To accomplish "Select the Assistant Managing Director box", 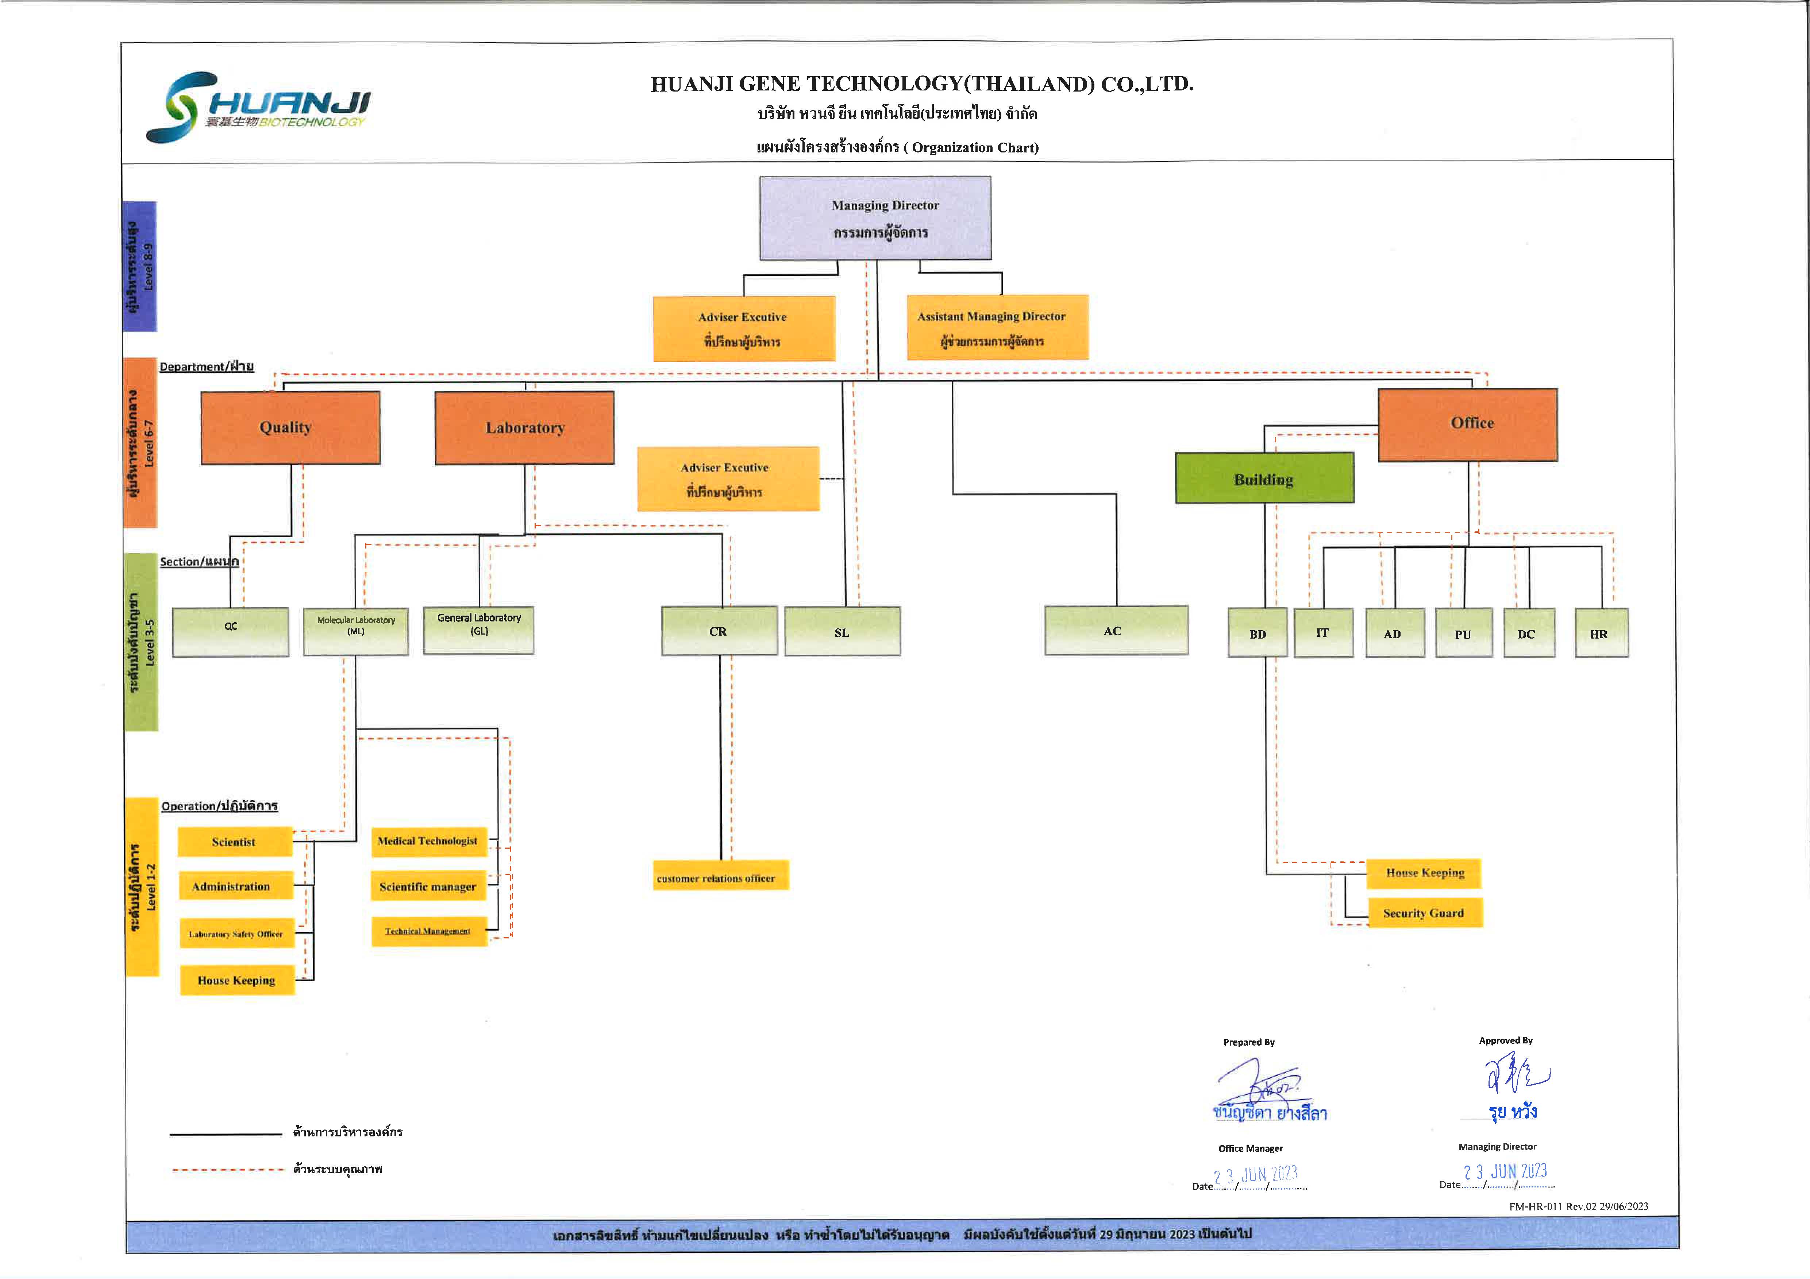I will click(x=997, y=327).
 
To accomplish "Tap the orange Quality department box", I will click(x=290, y=427).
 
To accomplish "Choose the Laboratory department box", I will click(x=524, y=427).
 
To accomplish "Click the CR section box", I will click(x=719, y=631).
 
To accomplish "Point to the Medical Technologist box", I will click(x=428, y=841).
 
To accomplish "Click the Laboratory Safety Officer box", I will click(x=236, y=934).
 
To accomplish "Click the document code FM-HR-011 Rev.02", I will click(x=1578, y=1206).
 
